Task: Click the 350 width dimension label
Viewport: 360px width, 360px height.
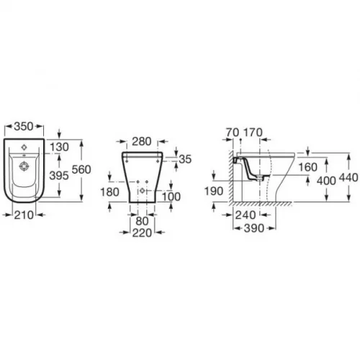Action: pos(24,126)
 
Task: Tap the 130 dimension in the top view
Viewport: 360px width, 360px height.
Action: pos(60,147)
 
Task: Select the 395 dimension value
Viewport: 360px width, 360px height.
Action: pos(59,176)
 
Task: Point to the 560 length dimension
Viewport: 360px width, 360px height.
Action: pos(81,170)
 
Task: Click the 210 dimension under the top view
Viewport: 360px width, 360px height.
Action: pos(24,215)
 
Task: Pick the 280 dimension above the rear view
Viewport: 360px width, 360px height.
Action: pos(142,141)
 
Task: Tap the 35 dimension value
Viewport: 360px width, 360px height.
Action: pos(185,159)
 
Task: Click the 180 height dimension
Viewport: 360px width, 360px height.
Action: pos(109,192)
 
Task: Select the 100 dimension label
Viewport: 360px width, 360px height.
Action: pos(171,197)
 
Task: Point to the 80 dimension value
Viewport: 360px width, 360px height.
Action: pos(142,221)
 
